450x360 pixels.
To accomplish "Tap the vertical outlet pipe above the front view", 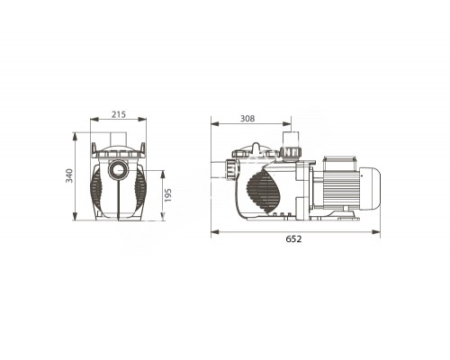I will (x=116, y=140).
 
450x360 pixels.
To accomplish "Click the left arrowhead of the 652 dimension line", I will (x=212, y=230).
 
